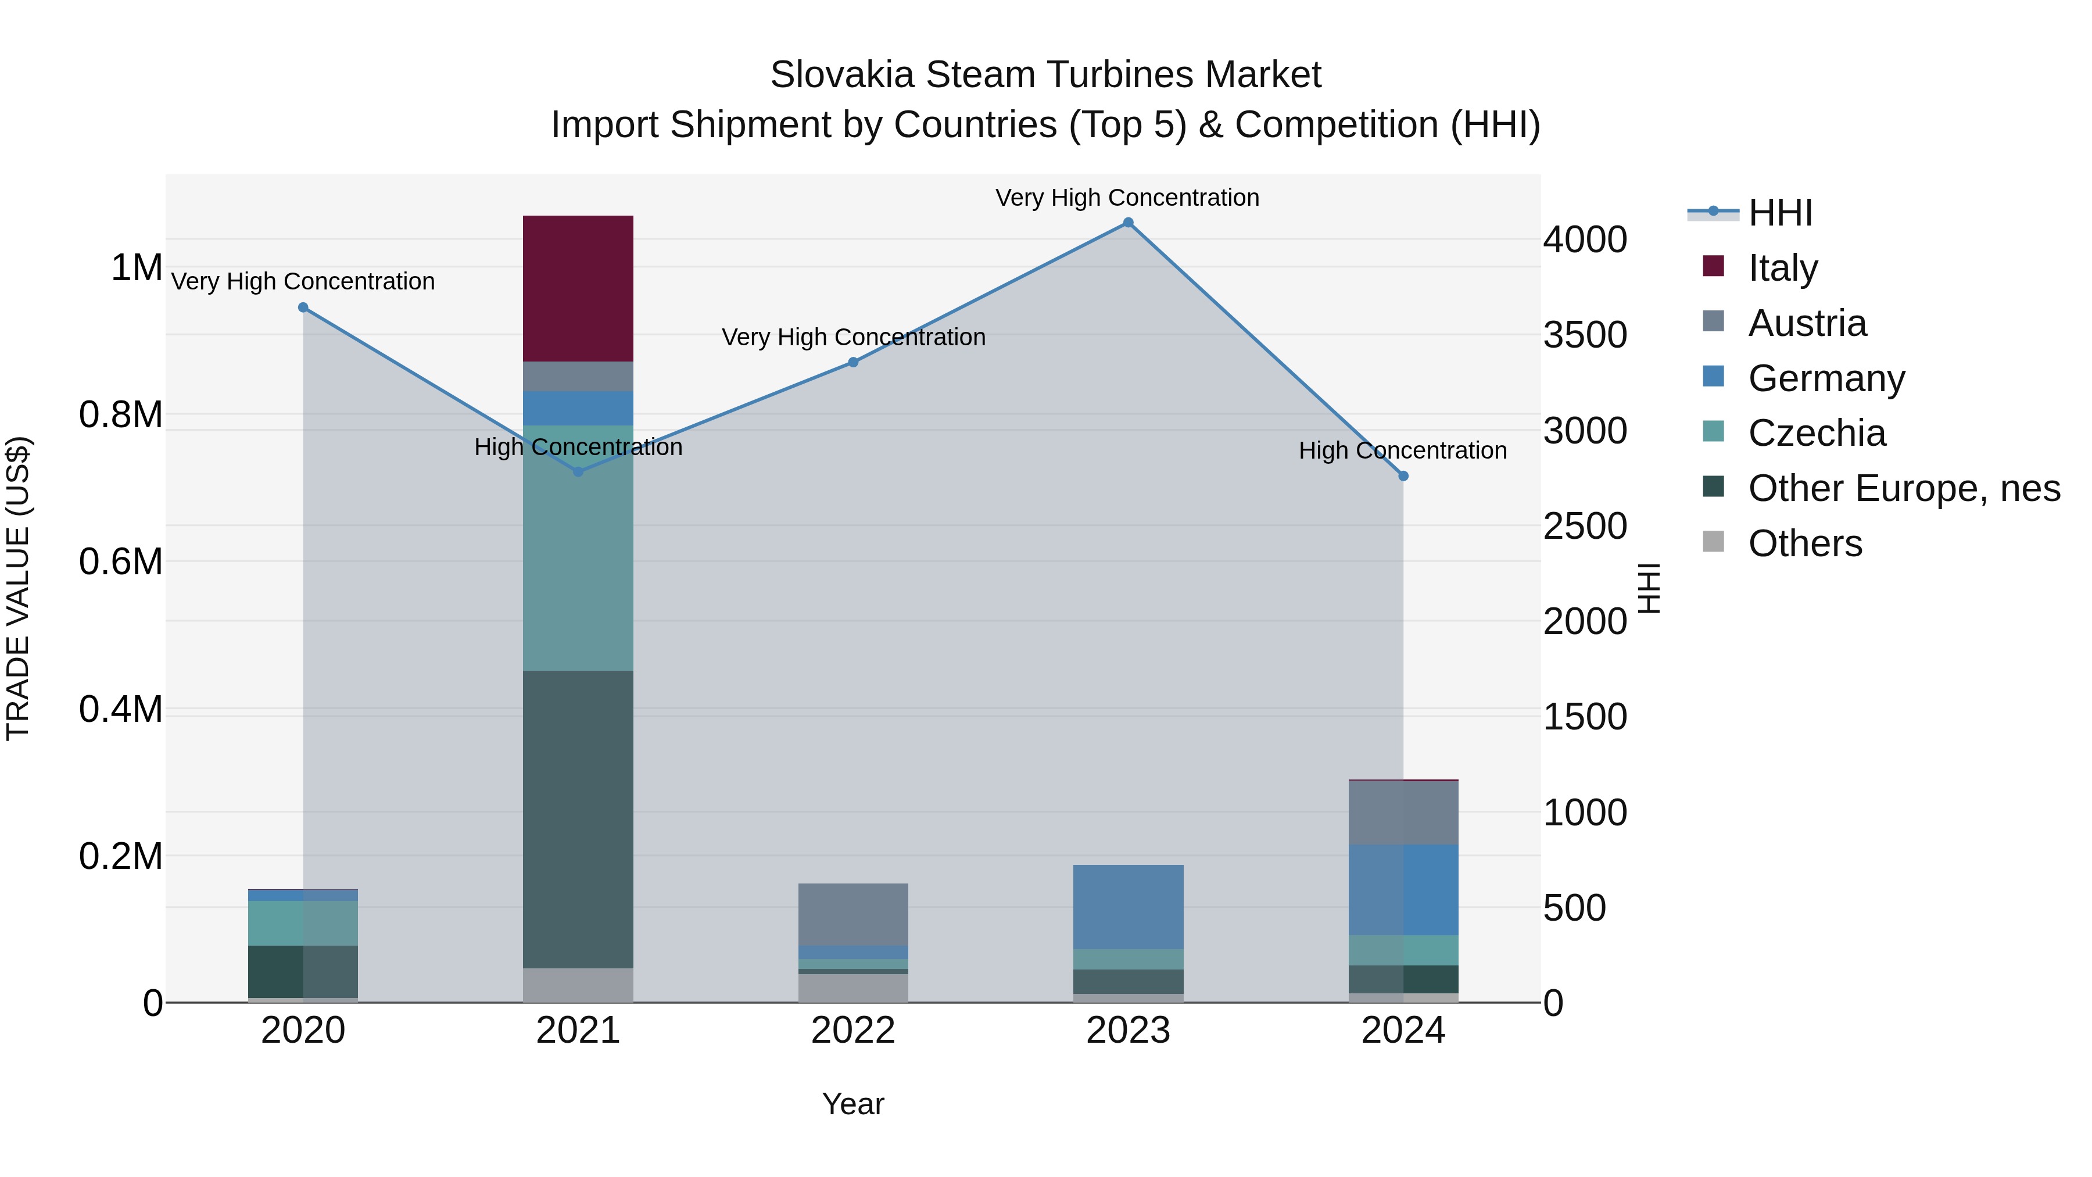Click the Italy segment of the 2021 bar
pos(578,288)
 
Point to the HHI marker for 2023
pos(1128,223)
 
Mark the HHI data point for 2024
pos(1403,476)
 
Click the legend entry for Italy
pos(1783,267)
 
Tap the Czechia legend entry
pos(1817,433)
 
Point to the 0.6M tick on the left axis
pos(121,562)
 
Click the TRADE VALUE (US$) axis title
pos(19,588)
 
